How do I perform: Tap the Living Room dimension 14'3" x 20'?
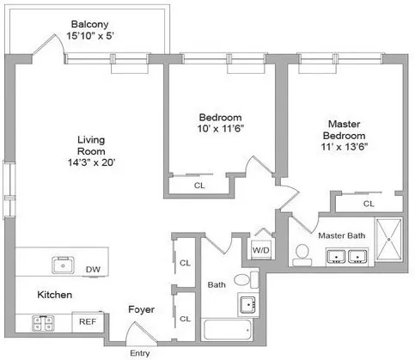tap(91, 164)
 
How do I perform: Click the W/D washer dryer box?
tap(259, 250)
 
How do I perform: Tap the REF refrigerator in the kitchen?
tap(88, 322)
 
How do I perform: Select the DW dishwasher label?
tap(92, 269)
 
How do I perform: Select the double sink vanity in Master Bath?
tap(346, 256)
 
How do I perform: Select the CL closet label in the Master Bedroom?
tap(368, 204)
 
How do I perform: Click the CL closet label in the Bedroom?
tap(198, 185)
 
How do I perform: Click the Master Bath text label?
tap(342, 235)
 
